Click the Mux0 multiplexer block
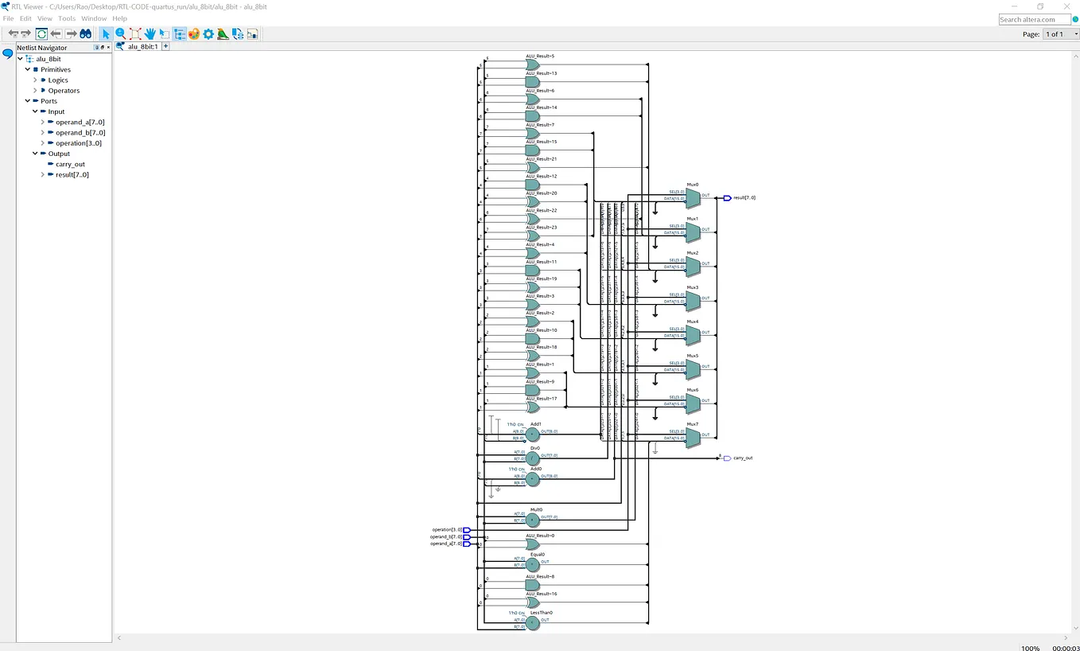point(692,196)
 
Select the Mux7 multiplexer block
point(692,435)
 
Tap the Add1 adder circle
point(532,434)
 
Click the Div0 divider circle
point(532,458)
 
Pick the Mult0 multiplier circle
point(532,519)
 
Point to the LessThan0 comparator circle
point(532,623)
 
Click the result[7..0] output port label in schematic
point(744,197)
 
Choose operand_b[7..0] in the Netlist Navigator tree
point(80,133)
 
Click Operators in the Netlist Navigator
point(64,91)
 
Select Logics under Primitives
point(58,80)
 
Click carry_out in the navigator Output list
point(70,164)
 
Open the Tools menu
point(67,18)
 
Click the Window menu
point(94,18)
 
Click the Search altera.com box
point(1034,19)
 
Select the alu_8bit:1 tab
point(142,47)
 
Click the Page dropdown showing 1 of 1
point(1057,34)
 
